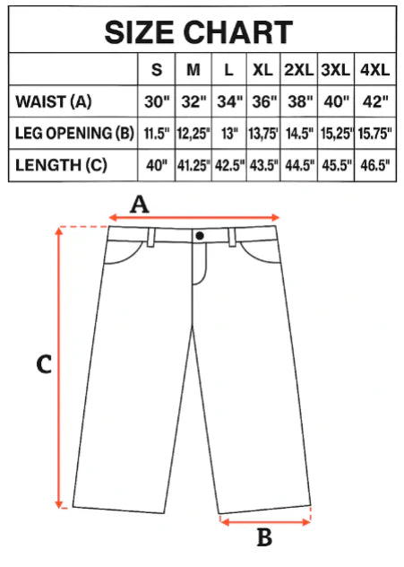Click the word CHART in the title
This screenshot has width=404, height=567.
pos(238,32)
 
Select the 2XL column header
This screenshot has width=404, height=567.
pos(299,69)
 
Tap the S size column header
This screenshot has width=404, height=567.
pos(157,69)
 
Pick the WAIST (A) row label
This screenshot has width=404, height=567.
pos(53,101)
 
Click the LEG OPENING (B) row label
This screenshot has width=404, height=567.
pos(74,133)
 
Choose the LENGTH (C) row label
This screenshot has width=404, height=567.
pos(61,165)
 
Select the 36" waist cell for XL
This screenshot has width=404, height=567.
pos(264,102)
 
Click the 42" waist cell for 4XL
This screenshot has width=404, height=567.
pos(375,102)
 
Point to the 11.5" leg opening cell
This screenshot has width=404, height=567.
pos(157,134)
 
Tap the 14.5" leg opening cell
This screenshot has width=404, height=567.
pos(300,134)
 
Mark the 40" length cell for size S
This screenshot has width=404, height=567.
pos(157,166)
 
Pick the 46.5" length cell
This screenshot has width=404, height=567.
pos(375,166)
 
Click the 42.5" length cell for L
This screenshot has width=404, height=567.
pos(229,166)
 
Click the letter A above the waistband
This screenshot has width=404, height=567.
pos(140,205)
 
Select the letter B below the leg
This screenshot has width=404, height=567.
pos(264,537)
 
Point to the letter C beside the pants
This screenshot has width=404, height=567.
pos(44,364)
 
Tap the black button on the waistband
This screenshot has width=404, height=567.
pos(200,236)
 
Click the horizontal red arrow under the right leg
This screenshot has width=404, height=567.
pos(265,522)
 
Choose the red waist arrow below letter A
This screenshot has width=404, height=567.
pos(194,217)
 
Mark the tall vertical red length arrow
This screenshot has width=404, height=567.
pos(59,368)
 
